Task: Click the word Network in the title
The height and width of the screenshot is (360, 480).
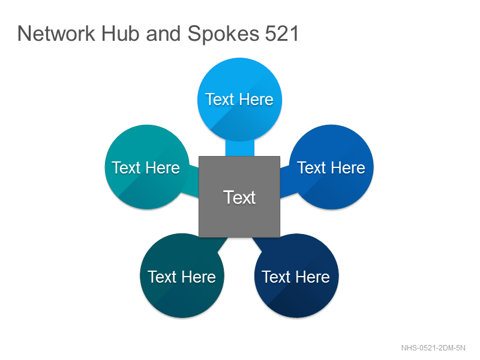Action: [56, 34]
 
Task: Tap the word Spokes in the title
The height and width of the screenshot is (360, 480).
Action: [223, 34]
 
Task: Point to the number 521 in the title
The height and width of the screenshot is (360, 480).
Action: [281, 34]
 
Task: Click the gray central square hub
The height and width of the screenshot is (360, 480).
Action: [239, 197]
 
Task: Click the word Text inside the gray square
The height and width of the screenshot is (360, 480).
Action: [239, 197]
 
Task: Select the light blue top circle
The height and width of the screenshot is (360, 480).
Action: [239, 100]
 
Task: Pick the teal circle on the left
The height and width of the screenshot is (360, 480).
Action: [147, 167]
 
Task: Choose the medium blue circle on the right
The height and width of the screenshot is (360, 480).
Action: [331, 167]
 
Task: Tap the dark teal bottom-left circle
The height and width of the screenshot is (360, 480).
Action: [182, 275]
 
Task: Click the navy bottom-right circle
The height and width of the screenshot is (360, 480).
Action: [296, 275]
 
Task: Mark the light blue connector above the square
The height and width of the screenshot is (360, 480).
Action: [239, 148]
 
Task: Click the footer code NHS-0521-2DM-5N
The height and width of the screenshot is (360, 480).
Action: [433, 348]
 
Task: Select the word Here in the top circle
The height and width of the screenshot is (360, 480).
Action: [256, 100]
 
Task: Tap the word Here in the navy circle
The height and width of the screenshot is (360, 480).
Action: [313, 277]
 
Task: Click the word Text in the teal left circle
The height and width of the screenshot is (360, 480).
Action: [125, 168]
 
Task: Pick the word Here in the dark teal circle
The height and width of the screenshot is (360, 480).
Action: [199, 277]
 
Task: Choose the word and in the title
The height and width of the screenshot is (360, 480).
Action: [163, 34]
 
